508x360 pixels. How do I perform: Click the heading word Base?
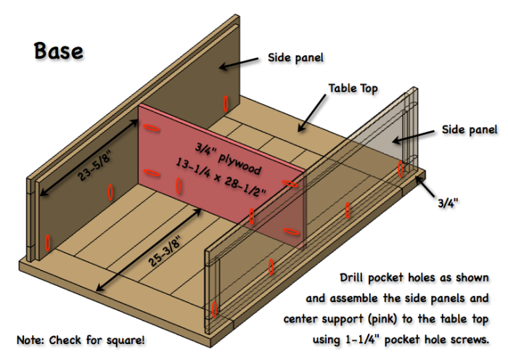58,52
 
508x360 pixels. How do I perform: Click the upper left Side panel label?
295,57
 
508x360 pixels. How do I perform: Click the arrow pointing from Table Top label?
310,112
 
